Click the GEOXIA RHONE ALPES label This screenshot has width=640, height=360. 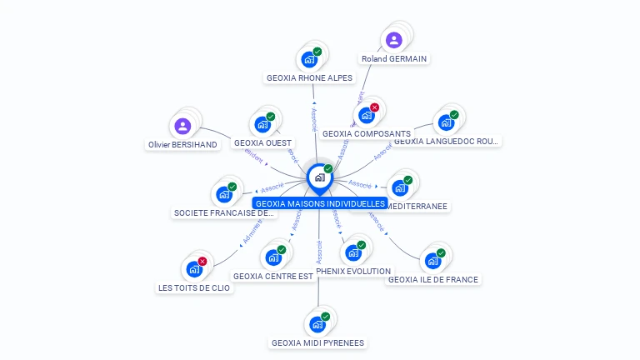coord(310,78)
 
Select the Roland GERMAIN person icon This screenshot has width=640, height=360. coord(394,40)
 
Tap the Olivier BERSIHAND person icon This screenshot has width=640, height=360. coord(182,127)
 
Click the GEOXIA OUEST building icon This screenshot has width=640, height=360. coord(262,125)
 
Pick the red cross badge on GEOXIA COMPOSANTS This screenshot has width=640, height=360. coord(375,107)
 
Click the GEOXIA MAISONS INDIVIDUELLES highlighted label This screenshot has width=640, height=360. coord(320,203)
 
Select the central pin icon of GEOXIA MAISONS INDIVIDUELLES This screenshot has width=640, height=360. coord(319,177)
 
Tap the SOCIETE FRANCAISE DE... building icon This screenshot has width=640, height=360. coord(223,195)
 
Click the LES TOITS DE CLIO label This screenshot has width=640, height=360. coord(194,288)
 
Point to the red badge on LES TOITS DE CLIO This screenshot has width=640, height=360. coord(202,262)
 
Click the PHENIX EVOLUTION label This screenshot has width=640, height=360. coord(353,272)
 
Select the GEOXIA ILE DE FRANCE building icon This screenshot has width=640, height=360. coord(432,261)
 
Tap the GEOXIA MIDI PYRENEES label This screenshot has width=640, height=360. coord(318,342)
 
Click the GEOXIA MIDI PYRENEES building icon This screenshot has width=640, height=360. coord(317,324)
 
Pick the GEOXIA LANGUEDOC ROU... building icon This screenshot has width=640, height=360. coord(446,123)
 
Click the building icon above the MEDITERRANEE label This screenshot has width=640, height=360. coord(400,188)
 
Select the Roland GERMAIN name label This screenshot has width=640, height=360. coord(394,59)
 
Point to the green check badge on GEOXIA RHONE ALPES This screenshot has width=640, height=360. coord(317,52)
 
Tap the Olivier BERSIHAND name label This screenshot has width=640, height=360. coord(182,145)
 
